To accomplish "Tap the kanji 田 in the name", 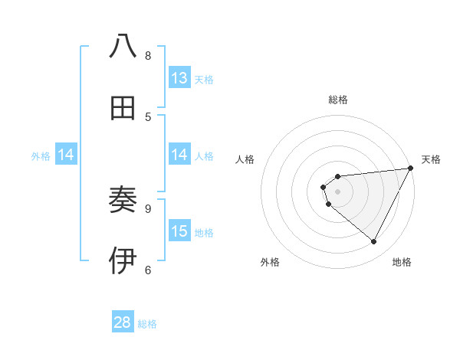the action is tap(123, 109).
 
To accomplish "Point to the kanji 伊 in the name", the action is tap(123, 260).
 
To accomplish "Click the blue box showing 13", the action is tap(179, 77).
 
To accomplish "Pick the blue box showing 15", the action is tap(179, 231).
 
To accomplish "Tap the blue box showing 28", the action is tap(123, 322).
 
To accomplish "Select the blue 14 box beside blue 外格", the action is tap(65, 155).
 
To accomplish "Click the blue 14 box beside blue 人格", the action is tap(179, 155).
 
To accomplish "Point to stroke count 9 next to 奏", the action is tap(148, 208).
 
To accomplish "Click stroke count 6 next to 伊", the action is tap(148, 269).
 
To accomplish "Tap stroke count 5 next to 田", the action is tap(148, 116).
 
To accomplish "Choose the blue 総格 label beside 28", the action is tap(147, 324).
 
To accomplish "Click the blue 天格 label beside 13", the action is tap(204, 79).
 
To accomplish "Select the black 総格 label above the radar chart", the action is tap(338, 100).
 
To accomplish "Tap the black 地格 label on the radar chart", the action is tap(402, 262).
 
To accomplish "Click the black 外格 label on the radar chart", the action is tap(270, 262).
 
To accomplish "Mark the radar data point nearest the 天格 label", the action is tap(412, 169).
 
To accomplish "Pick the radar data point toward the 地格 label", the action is tap(374, 242).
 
